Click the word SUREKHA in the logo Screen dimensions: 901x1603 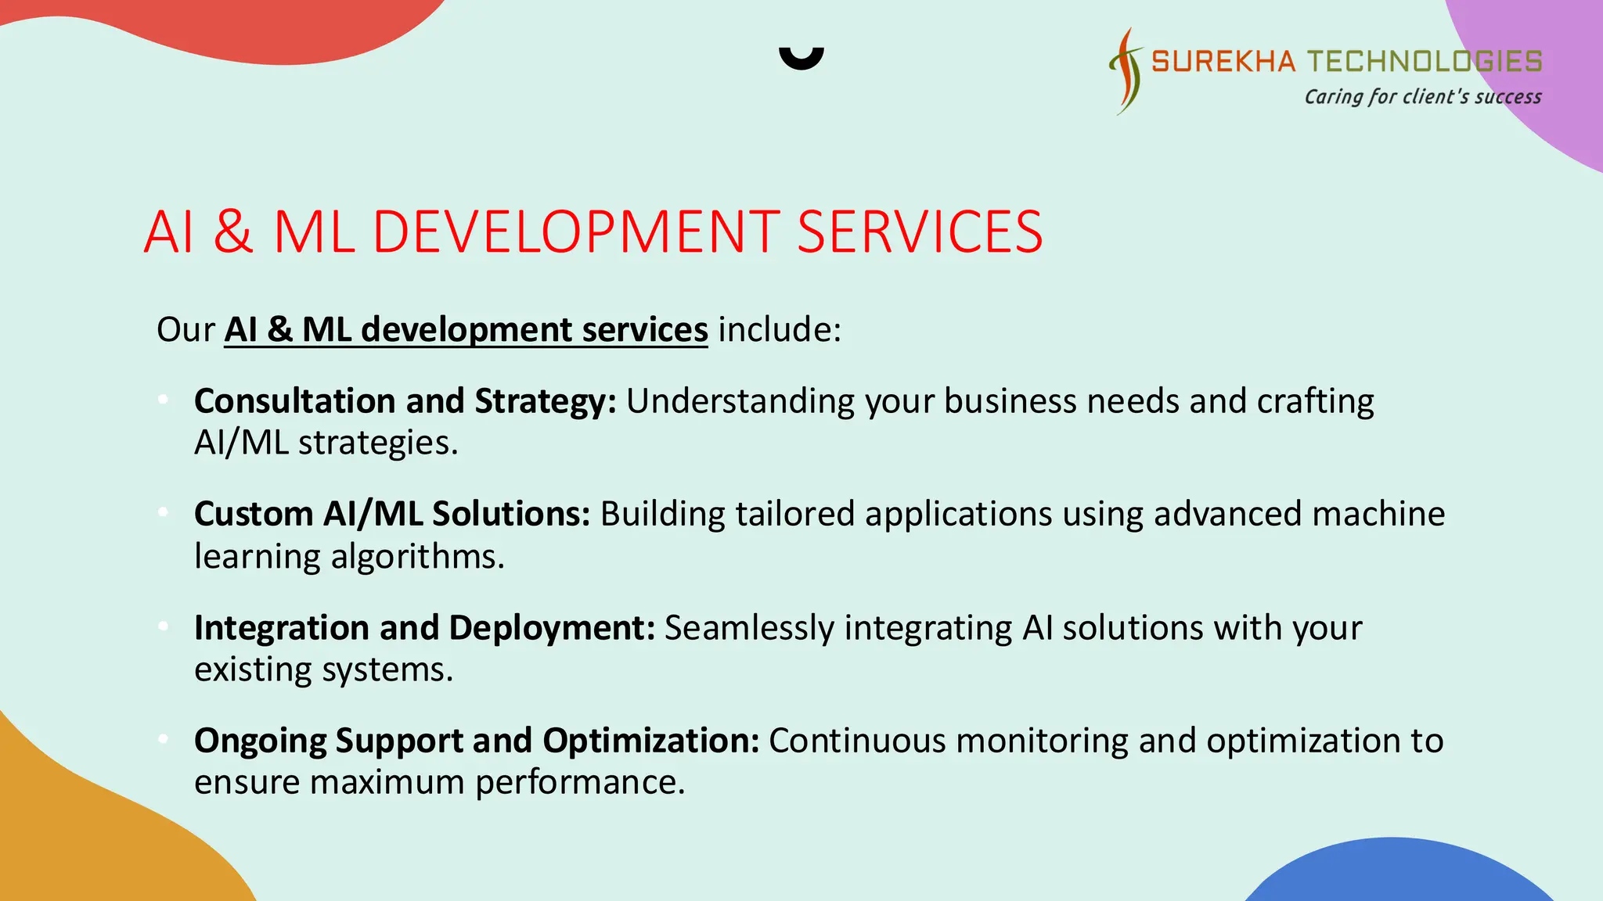[1223, 61]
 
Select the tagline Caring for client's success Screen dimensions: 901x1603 [1422, 97]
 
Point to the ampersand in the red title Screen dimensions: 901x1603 [233, 232]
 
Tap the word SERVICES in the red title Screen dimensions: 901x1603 [920, 232]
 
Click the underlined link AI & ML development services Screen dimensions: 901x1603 [466, 329]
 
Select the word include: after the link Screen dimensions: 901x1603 [780, 329]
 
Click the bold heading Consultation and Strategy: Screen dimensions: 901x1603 [405, 401]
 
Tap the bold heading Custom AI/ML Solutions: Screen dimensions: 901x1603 [391, 515]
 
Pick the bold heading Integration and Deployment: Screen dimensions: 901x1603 [424, 628]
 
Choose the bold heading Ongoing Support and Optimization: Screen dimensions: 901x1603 [476, 741]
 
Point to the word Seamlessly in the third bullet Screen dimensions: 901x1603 [749, 628]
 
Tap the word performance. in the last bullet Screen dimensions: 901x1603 [580, 783]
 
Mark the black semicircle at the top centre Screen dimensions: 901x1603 [801, 58]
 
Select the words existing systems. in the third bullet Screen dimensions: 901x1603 [323, 670]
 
